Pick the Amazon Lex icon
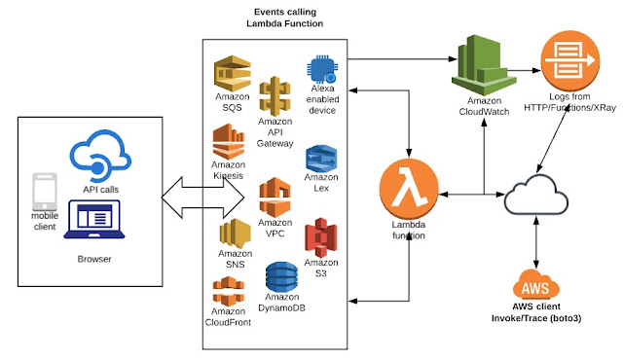pyautogui.click(x=320, y=159)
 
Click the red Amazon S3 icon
pyautogui.click(x=320, y=236)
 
